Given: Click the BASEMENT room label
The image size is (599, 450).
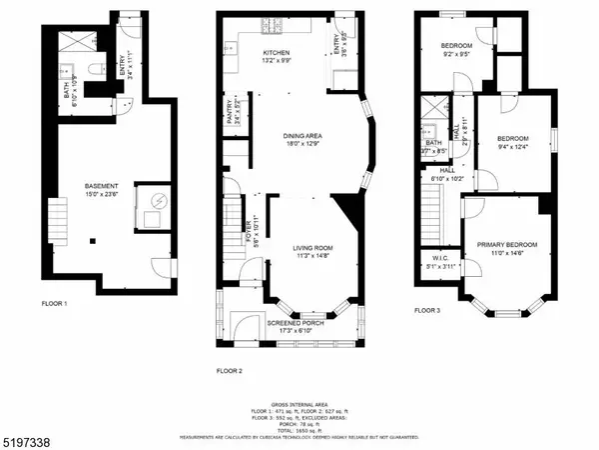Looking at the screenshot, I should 102,186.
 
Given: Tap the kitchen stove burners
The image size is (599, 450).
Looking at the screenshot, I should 272,23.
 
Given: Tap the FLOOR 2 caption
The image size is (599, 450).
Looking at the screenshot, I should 230,370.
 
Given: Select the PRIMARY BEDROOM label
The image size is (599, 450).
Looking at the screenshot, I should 506,245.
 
